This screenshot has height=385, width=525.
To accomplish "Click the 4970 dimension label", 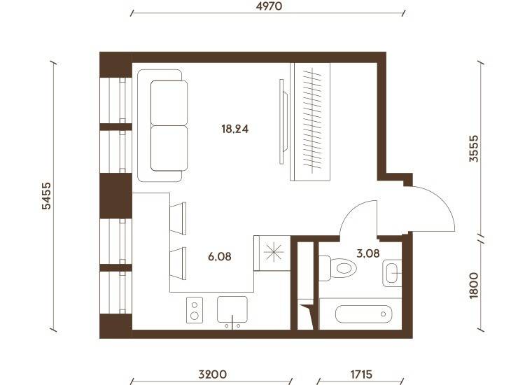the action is pyautogui.click(x=269, y=6).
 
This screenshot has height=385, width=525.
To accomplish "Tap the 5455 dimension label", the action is pyautogui.click(x=46, y=196).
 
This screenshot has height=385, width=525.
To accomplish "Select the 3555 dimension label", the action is pyautogui.click(x=473, y=148).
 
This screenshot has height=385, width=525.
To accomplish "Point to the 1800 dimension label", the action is pyautogui.click(x=473, y=286).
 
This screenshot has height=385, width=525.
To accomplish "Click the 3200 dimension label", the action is pyautogui.click(x=212, y=374).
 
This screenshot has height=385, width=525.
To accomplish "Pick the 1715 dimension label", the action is pyautogui.click(x=361, y=374).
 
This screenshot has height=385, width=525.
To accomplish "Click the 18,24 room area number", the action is pyautogui.click(x=235, y=129).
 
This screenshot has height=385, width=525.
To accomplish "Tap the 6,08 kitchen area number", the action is pyautogui.click(x=219, y=257).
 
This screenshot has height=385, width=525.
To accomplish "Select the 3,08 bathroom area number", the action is pyautogui.click(x=368, y=253).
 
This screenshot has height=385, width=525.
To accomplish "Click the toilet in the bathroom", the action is pyautogui.click(x=337, y=268).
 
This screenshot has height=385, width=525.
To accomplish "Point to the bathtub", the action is pyautogui.click(x=363, y=314).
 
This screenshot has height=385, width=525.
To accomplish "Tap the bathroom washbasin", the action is pyautogui.click(x=392, y=273).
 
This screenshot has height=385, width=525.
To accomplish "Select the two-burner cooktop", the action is pyautogui.click(x=195, y=310).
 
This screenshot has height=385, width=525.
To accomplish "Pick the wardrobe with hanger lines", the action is pyautogui.click(x=310, y=122).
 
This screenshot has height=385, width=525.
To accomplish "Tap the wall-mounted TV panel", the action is pyautogui.click(x=283, y=122).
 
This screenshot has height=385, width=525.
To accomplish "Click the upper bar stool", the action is pyautogui.click(x=178, y=218).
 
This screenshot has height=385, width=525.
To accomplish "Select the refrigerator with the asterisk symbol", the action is pyautogui.click(x=272, y=253).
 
